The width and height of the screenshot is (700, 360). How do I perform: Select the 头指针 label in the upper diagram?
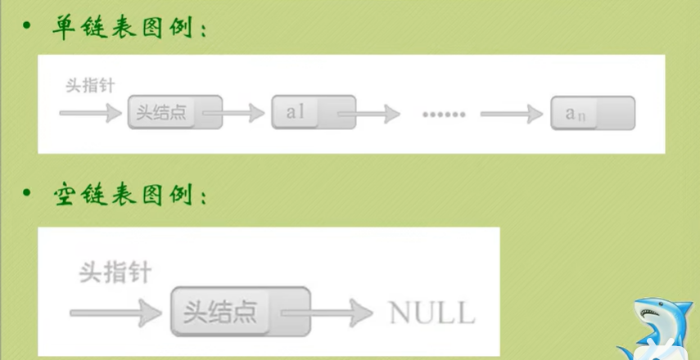89,86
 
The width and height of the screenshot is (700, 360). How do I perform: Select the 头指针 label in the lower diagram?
115,272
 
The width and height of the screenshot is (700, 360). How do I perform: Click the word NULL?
431,312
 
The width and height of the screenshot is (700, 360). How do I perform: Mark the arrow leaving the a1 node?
373,114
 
